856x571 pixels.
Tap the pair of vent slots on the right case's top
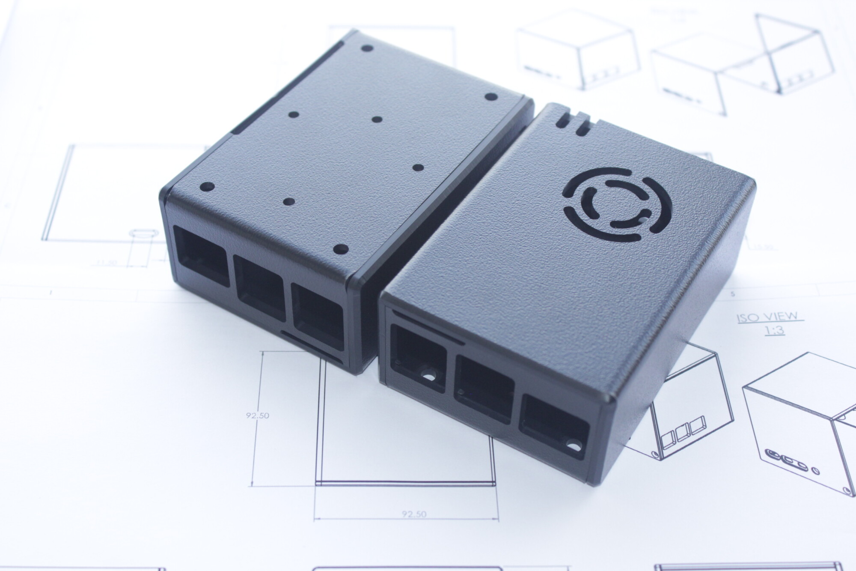coord(571,123)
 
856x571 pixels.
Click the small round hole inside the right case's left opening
coord(427,376)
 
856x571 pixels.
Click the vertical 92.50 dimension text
coord(257,415)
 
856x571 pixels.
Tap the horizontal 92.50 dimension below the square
coord(414,514)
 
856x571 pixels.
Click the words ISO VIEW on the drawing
coord(767,317)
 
